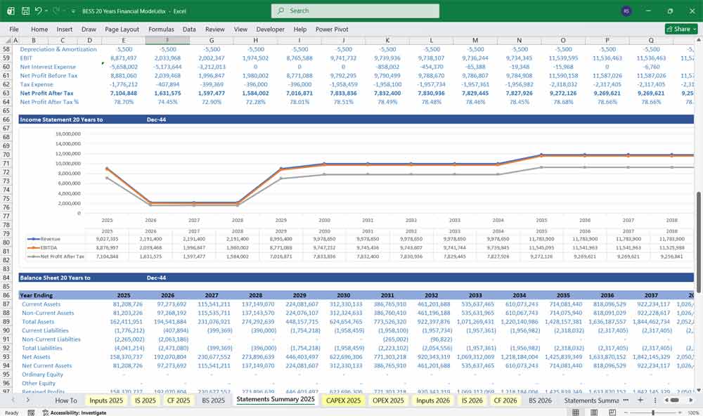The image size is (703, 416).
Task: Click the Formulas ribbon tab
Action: tap(161, 30)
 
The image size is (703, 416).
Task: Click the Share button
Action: tap(678, 30)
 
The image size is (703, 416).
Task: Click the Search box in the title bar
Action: tap(355, 11)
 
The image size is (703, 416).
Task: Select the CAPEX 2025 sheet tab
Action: tap(344, 400)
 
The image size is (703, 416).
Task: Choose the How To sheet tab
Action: tap(66, 400)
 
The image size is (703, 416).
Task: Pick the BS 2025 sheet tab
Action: tap(214, 400)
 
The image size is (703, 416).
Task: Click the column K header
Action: tap(387, 40)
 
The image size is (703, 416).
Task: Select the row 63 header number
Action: tap(6, 93)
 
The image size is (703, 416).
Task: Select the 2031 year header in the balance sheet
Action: tap(387, 296)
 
